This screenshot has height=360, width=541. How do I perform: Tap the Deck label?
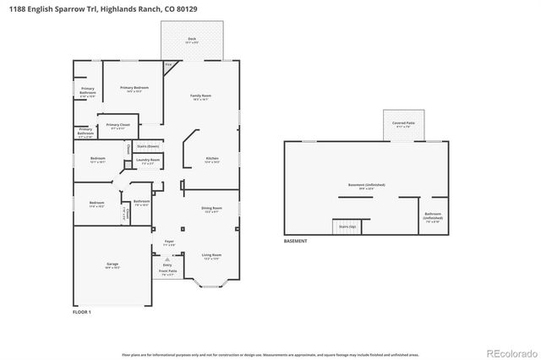click(x=192, y=38)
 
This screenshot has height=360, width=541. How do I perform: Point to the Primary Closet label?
click(x=118, y=126)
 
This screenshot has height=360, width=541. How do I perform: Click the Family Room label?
click(x=200, y=96)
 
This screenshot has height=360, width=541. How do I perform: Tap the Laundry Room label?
click(x=148, y=160)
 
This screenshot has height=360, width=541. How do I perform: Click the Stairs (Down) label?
click(x=148, y=146)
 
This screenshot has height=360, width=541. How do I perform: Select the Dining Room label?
click(x=211, y=208)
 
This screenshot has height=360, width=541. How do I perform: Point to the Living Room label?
click(x=211, y=255)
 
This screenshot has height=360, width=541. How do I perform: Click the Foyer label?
click(x=169, y=243)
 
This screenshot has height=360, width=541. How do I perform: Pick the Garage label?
click(x=112, y=265)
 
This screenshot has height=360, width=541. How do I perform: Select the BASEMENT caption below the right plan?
click(x=296, y=241)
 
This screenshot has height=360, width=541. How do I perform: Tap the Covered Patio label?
click(x=402, y=123)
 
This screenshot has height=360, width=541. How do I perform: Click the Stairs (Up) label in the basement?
click(x=347, y=226)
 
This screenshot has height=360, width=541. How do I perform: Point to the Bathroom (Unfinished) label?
click(x=432, y=215)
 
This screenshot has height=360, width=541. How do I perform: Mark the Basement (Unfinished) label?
click(x=367, y=185)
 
